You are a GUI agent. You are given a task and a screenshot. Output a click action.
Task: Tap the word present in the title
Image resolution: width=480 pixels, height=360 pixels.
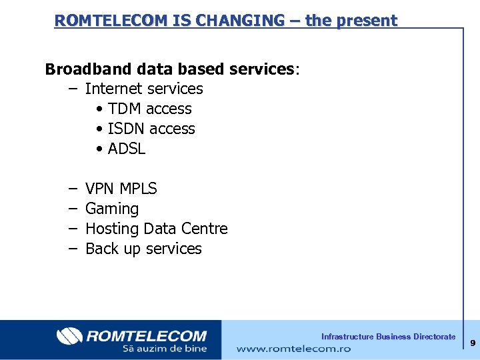(367, 21)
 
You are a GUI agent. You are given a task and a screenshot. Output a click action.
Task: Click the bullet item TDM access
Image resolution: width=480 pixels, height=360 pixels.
(149, 109)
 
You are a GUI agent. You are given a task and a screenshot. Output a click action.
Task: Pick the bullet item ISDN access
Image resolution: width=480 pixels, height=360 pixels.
(151, 129)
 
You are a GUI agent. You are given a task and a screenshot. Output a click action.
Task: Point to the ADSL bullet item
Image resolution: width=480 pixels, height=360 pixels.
(126, 149)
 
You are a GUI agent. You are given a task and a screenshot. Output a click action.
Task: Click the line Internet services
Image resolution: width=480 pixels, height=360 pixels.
(144, 89)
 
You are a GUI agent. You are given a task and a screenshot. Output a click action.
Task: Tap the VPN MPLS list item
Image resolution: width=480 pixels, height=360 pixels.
(121, 189)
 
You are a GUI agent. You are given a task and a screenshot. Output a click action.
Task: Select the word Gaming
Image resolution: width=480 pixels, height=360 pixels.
(112, 209)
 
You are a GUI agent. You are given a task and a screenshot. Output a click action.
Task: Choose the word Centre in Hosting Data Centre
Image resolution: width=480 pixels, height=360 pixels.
(204, 229)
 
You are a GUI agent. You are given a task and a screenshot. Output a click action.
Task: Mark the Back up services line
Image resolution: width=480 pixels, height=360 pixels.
(143, 249)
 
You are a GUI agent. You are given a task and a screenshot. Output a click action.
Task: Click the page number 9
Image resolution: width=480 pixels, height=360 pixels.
(472, 343)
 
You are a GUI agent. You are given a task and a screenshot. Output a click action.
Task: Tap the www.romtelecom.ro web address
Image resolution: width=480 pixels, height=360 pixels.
(293, 349)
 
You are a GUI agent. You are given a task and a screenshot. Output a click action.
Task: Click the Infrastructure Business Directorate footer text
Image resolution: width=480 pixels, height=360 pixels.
(388, 337)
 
